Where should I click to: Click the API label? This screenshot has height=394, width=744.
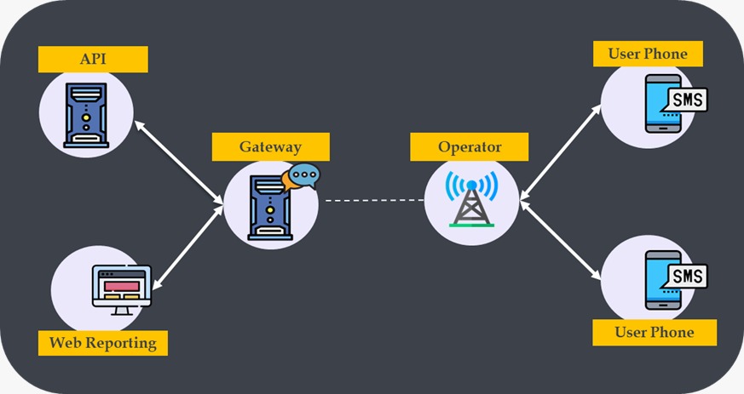point(93,60)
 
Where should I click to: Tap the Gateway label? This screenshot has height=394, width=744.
point(269,146)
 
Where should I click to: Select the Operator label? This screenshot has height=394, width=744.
point(469,146)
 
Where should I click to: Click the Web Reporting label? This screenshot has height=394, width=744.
point(102,343)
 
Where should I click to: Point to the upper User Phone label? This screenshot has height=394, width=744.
point(647,54)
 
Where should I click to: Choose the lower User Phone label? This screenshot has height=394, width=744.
point(654,332)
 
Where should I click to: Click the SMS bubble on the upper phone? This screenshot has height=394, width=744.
point(687,100)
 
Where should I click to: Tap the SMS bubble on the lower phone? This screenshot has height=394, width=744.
point(687,277)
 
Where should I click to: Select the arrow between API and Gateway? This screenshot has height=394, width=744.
point(179,163)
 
